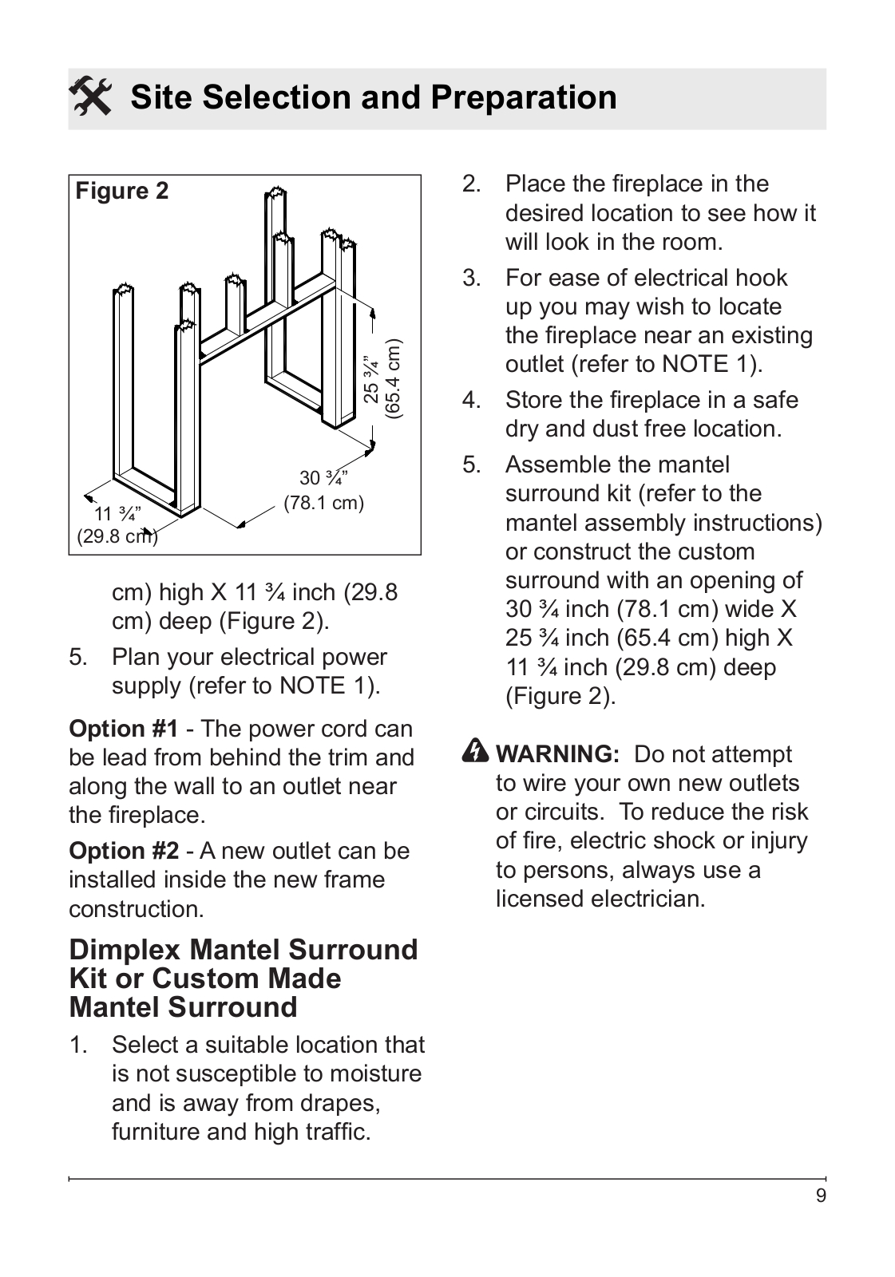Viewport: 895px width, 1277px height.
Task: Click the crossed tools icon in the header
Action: tap(90, 97)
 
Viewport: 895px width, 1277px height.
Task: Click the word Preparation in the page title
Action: tap(523, 97)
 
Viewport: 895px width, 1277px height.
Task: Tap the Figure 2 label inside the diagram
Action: tap(122, 191)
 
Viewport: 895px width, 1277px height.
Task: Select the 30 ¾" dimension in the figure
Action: tap(323, 478)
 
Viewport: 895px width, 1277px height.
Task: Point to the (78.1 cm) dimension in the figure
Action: tap(323, 504)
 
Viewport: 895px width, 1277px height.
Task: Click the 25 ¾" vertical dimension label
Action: tap(372, 379)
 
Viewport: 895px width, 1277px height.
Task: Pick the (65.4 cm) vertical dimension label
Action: tap(393, 379)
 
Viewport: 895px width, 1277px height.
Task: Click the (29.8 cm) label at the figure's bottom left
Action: tap(117, 536)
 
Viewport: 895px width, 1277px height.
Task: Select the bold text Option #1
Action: tap(124, 729)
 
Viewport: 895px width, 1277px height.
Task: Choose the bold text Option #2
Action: tap(124, 851)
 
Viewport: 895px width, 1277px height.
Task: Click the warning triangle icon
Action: tap(476, 752)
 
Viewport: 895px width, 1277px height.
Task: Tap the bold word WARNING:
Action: tap(557, 754)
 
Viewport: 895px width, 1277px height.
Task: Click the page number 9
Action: tap(821, 1196)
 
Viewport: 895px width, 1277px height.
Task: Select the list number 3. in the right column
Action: tap(471, 278)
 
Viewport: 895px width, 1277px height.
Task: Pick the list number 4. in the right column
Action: tap(471, 400)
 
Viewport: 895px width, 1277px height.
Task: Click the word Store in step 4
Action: tap(538, 400)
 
